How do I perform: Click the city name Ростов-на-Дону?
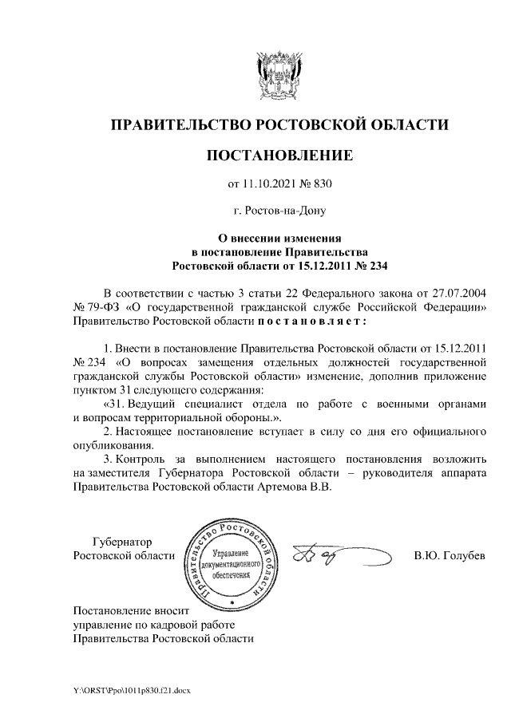[279, 211]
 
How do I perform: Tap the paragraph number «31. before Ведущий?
[117, 404]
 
